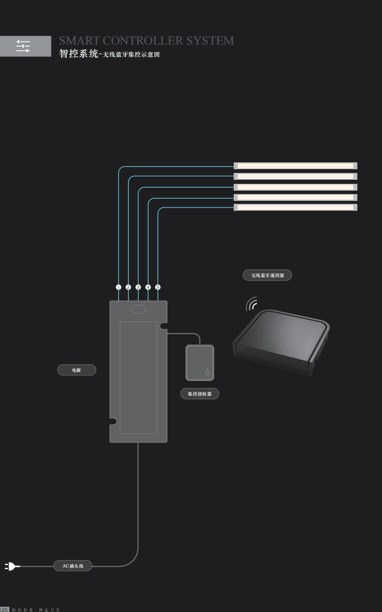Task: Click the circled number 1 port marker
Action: [118, 287]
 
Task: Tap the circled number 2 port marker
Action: [128, 287]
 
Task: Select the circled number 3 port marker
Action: [138, 287]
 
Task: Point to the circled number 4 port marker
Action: [148, 287]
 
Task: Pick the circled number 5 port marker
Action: [158, 287]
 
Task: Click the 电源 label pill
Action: [77, 370]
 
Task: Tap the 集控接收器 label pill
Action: [200, 394]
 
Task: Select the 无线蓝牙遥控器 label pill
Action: [267, 275]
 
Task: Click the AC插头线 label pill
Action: [73, 566]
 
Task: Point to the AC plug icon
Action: [11, 566]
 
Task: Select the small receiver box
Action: [200, 363]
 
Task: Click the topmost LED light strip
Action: [295, 166]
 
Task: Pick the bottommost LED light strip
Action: [295, 207]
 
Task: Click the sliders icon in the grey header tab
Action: [23, 46]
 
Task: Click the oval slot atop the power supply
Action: [138, 309]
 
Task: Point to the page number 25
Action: [4, 609]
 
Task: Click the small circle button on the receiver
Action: [207, 373]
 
